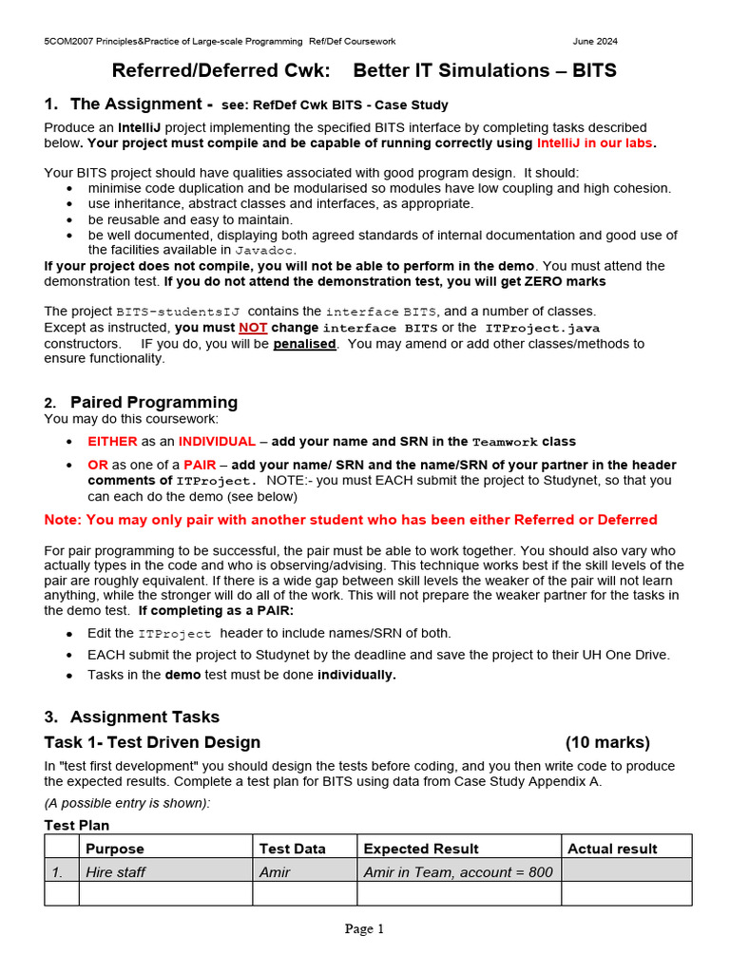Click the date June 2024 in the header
click(595, 42)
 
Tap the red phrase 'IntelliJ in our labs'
click(596, 143)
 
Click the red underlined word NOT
click(253, 328)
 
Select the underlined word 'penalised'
click(305, 343)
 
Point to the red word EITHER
click(113, 441)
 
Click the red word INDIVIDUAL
click(217, 441)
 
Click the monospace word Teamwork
click(504, 442)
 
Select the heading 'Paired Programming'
click(154, 402)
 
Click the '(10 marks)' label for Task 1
click(607, 742)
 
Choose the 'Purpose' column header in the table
click(115, 849)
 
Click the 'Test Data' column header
click(292, 849)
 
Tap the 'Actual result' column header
click(612, 849)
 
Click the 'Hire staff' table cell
click(115, 871)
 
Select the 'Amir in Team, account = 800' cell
click(458, 871)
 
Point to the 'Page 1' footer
click(364, 929)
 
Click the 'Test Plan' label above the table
click(77, 826)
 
